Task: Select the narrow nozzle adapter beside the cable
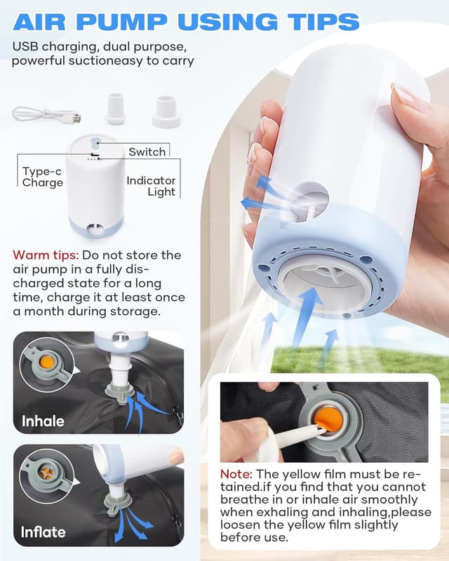[116, 107]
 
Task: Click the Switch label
[147, 151]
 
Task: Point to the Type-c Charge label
[42, 177]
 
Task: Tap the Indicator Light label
[151, 186]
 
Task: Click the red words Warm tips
[43, 255]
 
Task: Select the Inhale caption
[43, 421]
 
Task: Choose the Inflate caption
[43, 531]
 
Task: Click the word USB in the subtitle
[26, 48]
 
